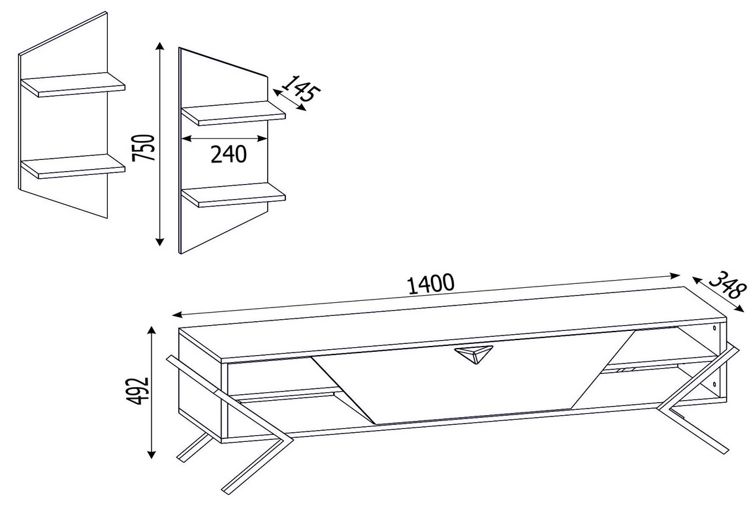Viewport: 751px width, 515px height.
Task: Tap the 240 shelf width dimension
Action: [x=229, y=154]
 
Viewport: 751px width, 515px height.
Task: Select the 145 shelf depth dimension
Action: [x=300, y=89]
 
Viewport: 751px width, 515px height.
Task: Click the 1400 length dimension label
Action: [x=430, y=284]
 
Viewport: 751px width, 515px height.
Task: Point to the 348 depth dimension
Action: [x=727, y=285]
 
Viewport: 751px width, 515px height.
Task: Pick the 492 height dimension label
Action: [x=140, y=390]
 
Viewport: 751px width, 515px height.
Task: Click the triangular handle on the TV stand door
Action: [x=473, y=354]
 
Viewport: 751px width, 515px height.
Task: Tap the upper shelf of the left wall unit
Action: [x=72, y=85]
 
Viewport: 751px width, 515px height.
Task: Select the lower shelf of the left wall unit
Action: [x=72, y=166]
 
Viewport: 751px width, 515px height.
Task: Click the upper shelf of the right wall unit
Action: [x=233, y=113]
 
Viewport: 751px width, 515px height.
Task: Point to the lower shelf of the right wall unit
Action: [x=233, y=195]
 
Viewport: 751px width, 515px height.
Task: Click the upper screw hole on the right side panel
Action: [x=715, y=329]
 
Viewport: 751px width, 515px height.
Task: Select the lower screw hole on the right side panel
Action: [x=714, y=384]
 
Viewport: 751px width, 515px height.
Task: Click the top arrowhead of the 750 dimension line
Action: [x=160, y=46]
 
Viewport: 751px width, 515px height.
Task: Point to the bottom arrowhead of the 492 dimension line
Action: [x=152, y=454]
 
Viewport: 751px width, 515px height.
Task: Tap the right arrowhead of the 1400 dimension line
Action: [x=675, y=275]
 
